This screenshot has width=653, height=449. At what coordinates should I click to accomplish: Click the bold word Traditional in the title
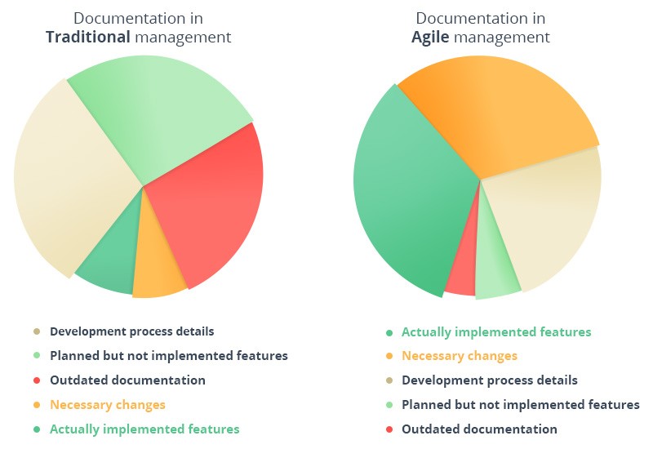coord(88,38)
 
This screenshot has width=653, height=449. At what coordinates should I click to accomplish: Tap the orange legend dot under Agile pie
coord(389,357)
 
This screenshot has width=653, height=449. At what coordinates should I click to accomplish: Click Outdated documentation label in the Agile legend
coord(479,429)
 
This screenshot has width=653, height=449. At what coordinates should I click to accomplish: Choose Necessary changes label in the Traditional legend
coord(107,405)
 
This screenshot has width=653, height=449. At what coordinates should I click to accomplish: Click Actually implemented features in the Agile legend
coord(496,332)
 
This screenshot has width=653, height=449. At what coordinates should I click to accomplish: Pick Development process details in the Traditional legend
coord(131,332)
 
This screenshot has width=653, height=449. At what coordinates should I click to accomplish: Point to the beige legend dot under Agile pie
coord(389,381)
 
